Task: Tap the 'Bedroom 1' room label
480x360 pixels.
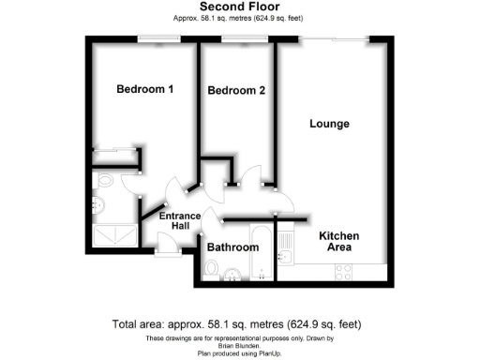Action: tap(144, 90)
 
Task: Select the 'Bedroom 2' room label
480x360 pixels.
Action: tap(236, 90)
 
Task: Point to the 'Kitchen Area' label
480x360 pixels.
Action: tap(335, 241)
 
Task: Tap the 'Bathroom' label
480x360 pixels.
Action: tap(232, 247)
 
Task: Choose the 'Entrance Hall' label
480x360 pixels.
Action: tap(179, 222)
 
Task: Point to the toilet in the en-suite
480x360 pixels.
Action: tap(100, 205)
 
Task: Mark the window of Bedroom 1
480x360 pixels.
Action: tap(151, 38)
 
